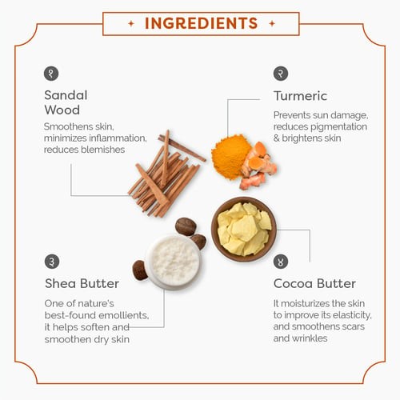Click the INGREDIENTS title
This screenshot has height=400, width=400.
pos(201,23)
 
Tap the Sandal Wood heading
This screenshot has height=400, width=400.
pos(66,102)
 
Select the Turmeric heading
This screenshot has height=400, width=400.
pos(300,96)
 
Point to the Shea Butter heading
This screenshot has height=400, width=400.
pos(82,283)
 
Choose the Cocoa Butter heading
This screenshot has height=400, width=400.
pos(314,283)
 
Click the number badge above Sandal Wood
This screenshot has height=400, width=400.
pos(51,74)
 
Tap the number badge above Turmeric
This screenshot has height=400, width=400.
pos(281,74)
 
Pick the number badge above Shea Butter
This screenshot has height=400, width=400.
pos(52,262)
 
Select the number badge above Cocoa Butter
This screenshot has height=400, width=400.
pos(281,262)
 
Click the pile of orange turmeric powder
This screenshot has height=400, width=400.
pos(230,157)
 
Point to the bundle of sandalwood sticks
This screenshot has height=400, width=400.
pos(166,174)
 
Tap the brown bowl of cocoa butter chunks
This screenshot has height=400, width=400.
pos(243,230)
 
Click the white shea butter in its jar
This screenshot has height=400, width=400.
pos(174,262)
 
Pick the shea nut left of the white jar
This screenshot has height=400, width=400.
pos(139,270)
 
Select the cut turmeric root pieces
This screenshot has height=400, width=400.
pos(258,166)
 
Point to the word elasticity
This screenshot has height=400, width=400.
pos(352,315)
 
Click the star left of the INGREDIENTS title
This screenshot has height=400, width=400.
pos(131,23)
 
